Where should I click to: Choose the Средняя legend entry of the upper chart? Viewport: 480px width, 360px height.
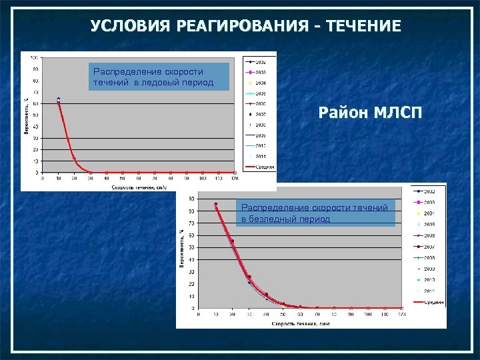[x=260, y=167]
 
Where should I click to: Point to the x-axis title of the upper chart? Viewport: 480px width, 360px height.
[x=138, y=187]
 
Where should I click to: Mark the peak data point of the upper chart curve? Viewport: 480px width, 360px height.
[x=59, y=100]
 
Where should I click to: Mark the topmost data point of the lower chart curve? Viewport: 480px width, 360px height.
[x=215, y=205]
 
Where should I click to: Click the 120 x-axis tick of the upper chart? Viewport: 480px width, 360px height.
[x=235, y=179]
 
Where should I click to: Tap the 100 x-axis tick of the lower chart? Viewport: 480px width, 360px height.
[x=368, y=314]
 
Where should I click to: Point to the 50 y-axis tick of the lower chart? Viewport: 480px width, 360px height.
[x=192, y=247]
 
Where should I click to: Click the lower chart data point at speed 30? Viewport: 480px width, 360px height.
[x=249, y=277]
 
